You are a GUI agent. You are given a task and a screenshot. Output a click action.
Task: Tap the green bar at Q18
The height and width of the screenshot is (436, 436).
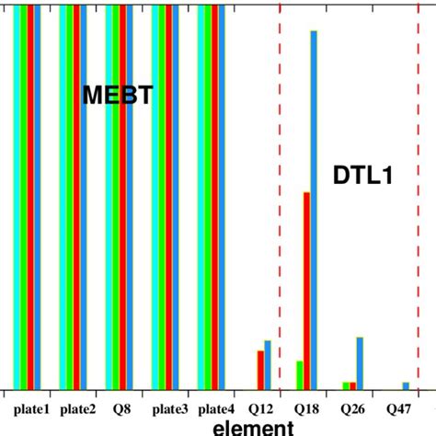(299, 374)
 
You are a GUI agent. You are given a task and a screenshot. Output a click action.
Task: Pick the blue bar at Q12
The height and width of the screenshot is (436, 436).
(268, 364)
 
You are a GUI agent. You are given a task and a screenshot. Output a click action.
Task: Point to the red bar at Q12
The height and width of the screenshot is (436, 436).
(260, 369)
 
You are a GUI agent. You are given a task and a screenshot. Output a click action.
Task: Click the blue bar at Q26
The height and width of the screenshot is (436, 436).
(360, 362)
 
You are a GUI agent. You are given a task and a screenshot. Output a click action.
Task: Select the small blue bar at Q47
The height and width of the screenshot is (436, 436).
(406, 384)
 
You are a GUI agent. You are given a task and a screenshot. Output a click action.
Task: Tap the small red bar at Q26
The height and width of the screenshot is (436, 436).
(350, 384)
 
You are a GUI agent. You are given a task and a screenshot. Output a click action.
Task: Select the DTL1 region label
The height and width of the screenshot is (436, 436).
(363, 176)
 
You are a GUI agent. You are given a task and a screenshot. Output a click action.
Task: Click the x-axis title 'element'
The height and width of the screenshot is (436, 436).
(252, 427)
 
